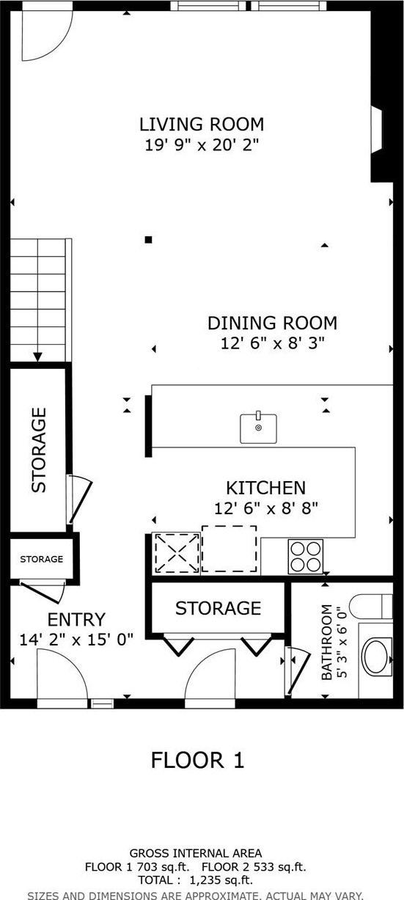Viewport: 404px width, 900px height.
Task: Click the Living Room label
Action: (202, 124)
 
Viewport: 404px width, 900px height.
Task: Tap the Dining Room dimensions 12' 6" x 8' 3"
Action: (273, 343)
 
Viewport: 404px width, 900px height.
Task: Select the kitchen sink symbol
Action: (258, 428)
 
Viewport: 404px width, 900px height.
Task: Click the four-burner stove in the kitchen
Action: (306, 556)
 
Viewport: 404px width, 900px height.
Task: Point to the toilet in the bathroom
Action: (371, 607)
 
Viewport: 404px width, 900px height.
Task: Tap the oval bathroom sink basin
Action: (377, 656)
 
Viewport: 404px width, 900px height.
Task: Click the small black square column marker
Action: (149, 240)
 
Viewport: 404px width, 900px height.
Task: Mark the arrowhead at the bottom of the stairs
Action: (37, 356)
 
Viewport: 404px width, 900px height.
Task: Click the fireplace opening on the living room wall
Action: (376, 129)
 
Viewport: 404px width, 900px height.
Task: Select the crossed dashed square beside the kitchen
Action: (177, 553)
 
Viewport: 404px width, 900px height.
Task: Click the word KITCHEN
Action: (266, 488)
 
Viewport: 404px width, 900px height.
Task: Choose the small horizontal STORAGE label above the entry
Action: (41, 559)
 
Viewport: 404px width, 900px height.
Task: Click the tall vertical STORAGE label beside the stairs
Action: (39, 450)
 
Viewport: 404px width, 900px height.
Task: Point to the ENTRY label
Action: (76, 620)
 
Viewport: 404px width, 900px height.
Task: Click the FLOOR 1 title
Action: (197, 760)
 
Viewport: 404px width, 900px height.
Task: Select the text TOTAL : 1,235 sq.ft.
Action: (196, 880)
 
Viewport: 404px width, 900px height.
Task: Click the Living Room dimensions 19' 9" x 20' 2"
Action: (202, 145)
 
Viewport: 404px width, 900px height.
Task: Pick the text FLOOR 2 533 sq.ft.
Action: (254, 867)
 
